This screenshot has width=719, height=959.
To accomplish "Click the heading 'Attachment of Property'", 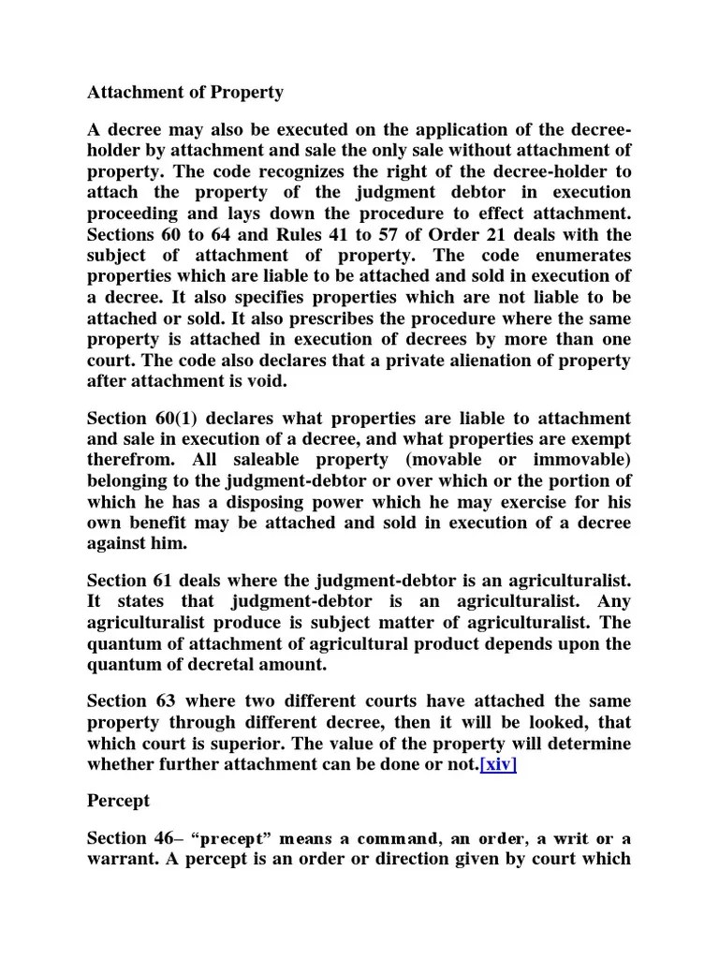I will pos(185,94).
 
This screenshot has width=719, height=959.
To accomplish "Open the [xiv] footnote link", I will pos(497,764).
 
